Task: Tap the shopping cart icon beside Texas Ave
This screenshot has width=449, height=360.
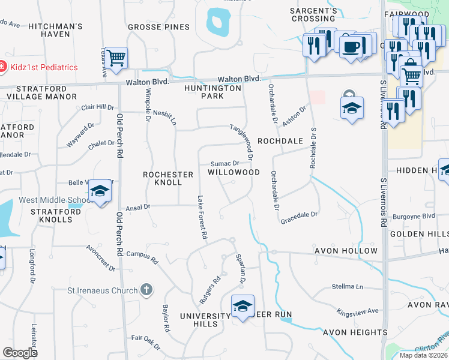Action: [116, 58]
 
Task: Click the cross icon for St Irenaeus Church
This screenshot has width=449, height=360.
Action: [145, 290]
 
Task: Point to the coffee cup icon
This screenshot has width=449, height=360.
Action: [351, 46]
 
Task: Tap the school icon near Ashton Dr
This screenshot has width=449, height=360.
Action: [352, 108]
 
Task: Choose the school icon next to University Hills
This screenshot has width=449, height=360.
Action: [242, 306]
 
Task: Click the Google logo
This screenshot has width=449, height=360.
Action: [20, 353]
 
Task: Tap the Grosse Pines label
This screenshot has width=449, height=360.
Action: [158, 27]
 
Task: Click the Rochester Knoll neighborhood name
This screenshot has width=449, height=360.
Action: [168, 178]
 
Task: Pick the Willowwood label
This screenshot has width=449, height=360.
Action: [234, 172]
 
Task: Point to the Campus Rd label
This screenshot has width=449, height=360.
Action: [142, 259]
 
